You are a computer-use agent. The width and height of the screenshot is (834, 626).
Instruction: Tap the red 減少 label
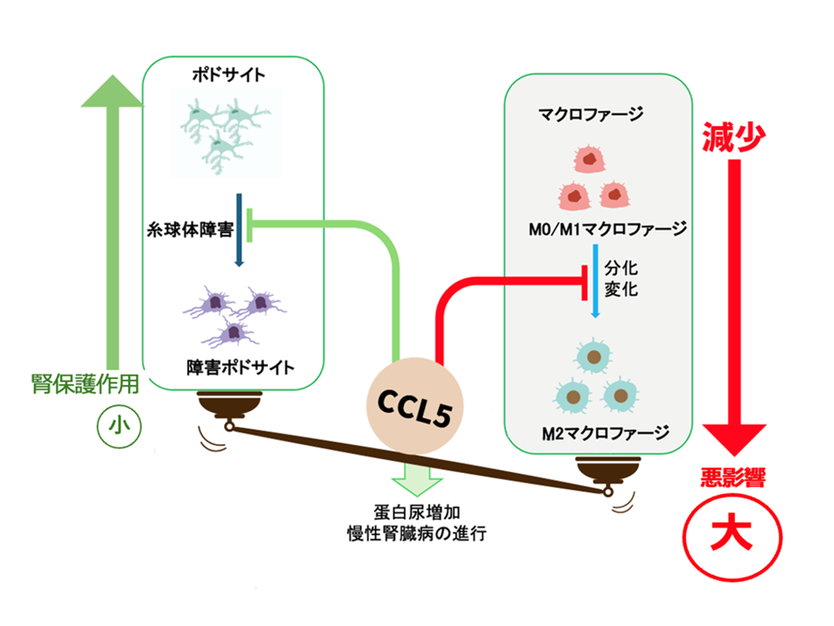click(x=733, y=137)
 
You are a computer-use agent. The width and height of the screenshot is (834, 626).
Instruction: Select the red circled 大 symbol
click(x=732, y=537)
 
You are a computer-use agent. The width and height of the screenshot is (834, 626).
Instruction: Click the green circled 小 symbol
click(x=119, y=426)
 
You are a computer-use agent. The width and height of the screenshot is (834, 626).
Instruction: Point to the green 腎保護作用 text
click(x=85, y=384)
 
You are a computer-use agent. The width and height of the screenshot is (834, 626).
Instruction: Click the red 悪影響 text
click(x=733, y=477)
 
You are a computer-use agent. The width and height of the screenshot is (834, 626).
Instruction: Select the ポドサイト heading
click(x=229, y=75)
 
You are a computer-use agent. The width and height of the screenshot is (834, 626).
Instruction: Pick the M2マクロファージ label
click(x=606, y=433)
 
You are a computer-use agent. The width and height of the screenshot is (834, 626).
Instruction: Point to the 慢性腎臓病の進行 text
click(x=417, y=534)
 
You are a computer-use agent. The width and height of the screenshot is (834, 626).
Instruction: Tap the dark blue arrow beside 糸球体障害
click(x=239, y=230)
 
